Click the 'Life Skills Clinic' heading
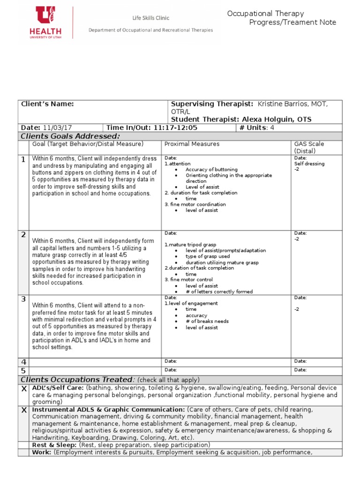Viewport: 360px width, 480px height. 150,18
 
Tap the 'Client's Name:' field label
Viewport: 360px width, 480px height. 47,104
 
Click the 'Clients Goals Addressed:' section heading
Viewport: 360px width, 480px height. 70,136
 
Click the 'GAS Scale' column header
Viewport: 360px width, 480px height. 309,144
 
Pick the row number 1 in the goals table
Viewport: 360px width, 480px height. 23,160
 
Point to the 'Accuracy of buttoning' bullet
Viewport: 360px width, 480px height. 211,169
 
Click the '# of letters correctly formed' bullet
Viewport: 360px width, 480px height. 219,292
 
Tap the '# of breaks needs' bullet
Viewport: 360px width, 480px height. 207,321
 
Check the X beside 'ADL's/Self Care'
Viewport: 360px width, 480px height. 24,389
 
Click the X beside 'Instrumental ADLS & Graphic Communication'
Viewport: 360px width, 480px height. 24,410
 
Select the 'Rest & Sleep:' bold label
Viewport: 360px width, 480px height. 54,445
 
